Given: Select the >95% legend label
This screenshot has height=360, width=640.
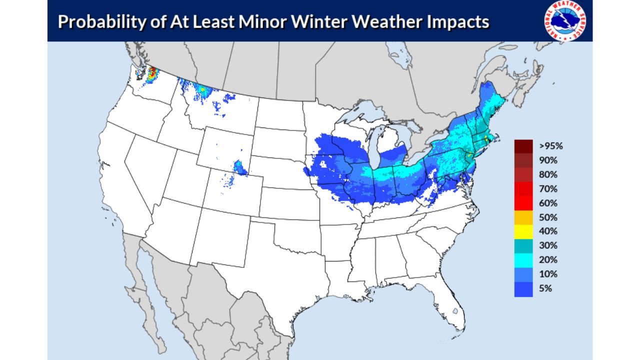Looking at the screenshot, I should [x=551, y=146].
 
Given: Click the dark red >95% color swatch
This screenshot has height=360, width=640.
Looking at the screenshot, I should [x=523, y=146].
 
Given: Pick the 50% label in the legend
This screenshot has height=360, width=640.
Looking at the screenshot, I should [x=548, y=217].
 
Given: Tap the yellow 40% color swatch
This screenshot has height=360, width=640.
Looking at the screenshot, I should [x=523, y=231].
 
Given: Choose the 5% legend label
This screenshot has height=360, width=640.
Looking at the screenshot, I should [x=545, y=288].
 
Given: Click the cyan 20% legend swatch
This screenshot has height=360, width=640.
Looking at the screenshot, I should [x=523, y=260].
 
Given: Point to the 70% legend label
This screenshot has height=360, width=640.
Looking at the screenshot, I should [x=548, y=189].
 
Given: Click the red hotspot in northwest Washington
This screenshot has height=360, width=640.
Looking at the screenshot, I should [x=152, y=74].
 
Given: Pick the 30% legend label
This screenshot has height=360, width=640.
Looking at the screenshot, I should [x=548, y=246].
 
